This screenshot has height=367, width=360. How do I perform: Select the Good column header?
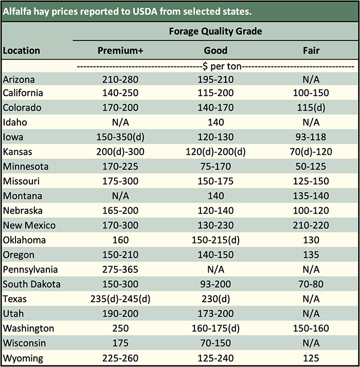[x=215, y=50]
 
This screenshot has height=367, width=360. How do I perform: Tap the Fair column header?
[x=311, y=50]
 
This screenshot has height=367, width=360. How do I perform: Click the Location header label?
[x=21, y=50]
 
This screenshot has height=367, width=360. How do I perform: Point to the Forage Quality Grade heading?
[x=215, y=31]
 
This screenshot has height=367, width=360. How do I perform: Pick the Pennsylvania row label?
[x=30, y=269]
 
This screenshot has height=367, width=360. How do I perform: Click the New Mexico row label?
[x=29, y=225]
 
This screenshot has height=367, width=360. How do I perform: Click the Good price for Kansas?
[x=215, y=152]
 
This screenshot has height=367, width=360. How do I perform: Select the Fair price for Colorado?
[x=311, y=107]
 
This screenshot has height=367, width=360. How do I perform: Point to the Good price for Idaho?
[x=215, y=122]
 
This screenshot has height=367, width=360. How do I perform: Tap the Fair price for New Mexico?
[x=311, y=225]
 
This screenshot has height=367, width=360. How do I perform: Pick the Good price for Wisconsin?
[x=215, y=343]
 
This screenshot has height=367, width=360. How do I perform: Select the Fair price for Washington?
[x=311, y=328]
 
